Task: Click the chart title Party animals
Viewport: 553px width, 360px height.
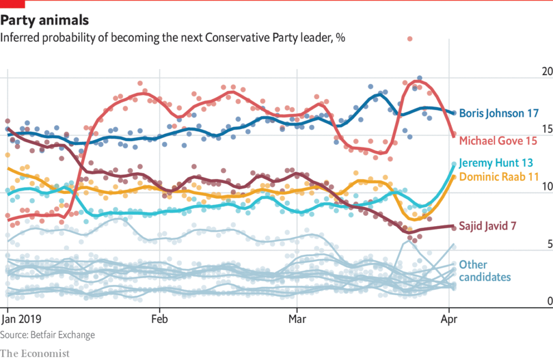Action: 44,21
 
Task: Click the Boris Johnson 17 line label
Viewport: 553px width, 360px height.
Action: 498,113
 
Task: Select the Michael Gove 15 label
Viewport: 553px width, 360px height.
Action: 498,141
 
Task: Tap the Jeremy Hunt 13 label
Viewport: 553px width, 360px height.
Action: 496,163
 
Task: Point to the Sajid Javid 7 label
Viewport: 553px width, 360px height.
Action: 488,226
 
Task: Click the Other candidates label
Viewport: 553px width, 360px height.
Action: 484,271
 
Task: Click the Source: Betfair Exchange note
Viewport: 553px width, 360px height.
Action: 48,335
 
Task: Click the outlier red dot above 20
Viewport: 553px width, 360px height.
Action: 410,39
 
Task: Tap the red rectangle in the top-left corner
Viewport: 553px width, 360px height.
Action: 12,4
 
